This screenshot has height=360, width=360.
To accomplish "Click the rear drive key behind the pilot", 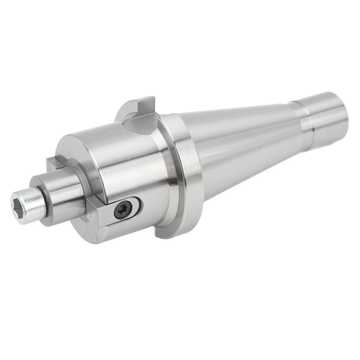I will coord(54,163).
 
